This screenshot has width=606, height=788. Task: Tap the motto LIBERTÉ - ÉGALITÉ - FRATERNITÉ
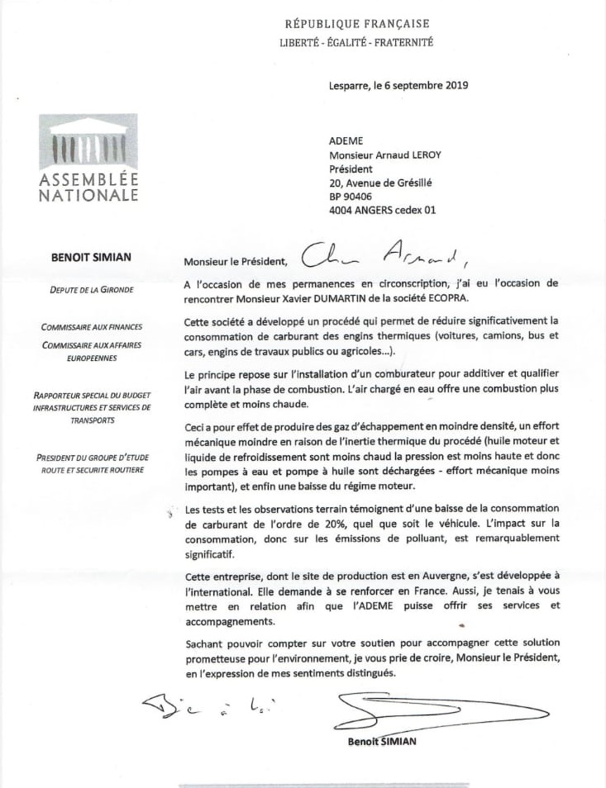357,42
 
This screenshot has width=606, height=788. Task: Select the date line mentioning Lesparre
398,85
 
